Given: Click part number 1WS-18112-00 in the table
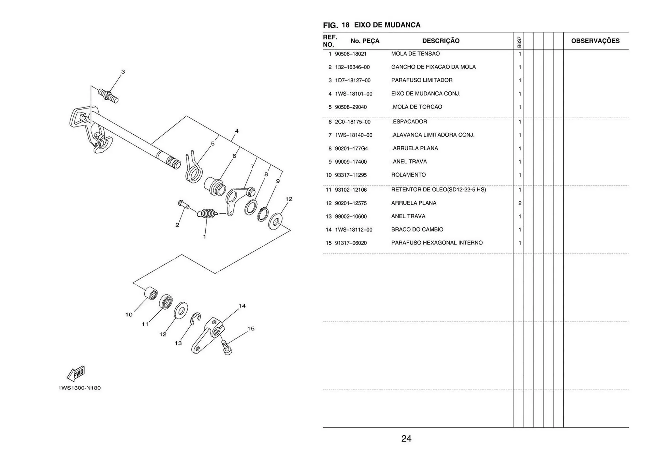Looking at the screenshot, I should click(353, 230).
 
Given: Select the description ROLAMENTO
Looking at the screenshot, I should click(408, 175).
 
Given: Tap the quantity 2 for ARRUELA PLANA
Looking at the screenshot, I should click(520, 203).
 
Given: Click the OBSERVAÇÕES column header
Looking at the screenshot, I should click(595, 41).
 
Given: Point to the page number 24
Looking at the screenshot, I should click(406, 438).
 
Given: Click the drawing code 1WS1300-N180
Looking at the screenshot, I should click(79, 388).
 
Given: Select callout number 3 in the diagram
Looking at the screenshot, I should click(123, 72).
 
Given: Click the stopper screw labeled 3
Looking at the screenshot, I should click(108, 95).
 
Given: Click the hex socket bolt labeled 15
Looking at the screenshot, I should click(227, 348).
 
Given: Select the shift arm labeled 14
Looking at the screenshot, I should click(208, 335).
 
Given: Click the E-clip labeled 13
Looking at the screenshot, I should click(195, 318).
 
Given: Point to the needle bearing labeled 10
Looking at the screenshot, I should click(150, 293).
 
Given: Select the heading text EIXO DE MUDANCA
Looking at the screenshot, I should click(387, 25).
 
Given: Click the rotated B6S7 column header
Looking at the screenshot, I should click(519, 42).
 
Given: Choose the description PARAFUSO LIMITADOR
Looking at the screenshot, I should click(422, 80).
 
